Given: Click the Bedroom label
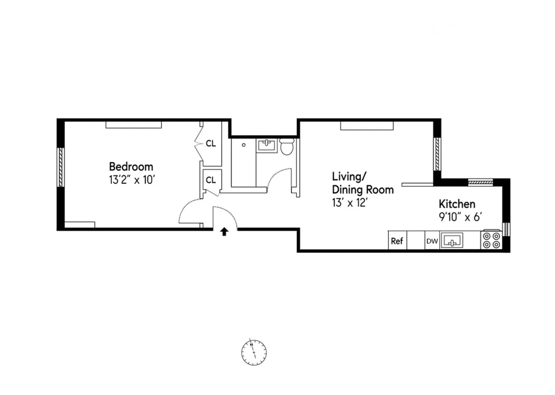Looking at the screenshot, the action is (x=131, y=167).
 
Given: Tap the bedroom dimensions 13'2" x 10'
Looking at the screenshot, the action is (x=132, y=180).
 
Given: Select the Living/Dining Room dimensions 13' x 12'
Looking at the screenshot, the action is (x=349, y=203).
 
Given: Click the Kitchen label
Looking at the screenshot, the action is (x=457, y=204).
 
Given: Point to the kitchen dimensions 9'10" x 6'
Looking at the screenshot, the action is (x=460, y=217).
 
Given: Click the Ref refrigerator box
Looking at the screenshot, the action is (x=397, y=240).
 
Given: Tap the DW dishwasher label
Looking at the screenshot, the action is (x=432, y=241).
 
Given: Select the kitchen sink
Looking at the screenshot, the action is (x=452, y=240).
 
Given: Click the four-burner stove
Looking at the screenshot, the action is (x=492, y=240).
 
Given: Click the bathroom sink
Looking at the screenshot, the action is (x=266, y=145).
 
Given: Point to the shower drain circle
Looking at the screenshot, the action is (x=243, y=145).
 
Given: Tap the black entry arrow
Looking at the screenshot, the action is (x=225, y=232).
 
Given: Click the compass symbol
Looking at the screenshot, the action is (x=254, y=352).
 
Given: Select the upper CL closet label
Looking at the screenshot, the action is (x=211, y=144).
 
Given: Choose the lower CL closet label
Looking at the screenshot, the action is (x=211, y=180).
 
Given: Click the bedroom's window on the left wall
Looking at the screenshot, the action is (x=61, y=167).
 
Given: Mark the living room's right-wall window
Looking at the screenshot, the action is (x=437, y=154).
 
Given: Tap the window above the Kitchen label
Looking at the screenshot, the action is (x=481, y=183).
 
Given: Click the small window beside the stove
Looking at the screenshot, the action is (x=506, y=229).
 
